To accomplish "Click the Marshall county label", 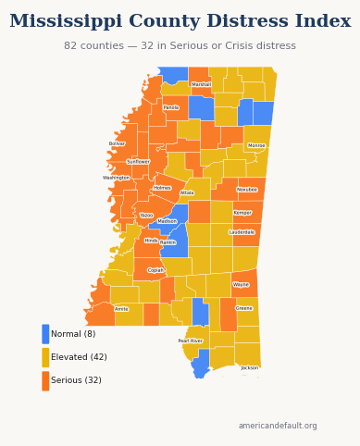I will [x=201, y=84].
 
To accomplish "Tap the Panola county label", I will [x=171, y=107].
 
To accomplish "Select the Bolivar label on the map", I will [x=117, y=143].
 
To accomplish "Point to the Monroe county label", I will [x=256, y=145].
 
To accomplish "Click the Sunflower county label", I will [x=138, y=161].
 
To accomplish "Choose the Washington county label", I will [x=117, y=178].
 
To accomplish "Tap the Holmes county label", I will [x=162, y=188].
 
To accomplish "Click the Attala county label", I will [x=187, y=193].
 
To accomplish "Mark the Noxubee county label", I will [x=247, y=190].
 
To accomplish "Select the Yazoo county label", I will [x=146, y=215].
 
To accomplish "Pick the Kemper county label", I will [x=242, y=213].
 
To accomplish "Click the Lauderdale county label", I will [x=242, y=232].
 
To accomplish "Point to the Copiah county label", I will [x=155, y=270].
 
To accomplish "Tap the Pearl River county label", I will [x=191, y=341].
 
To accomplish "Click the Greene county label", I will [x=244, y=308].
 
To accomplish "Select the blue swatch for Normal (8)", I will [x=45, y=334].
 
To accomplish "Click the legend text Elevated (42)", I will [x=79, y=357].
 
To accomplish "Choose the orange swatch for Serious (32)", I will [x=45, y=380].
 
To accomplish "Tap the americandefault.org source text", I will [x=278, y=426].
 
